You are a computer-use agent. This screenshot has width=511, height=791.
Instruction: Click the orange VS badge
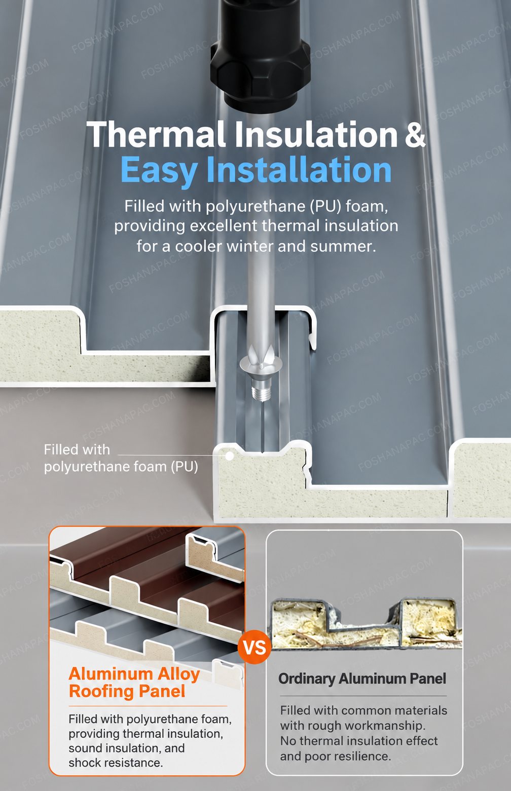point(254,647)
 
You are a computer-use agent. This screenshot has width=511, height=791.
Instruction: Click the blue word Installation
point(299,169)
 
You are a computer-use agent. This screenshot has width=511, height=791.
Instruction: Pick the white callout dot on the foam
point(229,456)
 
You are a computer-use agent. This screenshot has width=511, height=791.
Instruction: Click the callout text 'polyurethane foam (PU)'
point(121,467)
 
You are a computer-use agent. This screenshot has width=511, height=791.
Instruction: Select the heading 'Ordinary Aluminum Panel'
point(362,679)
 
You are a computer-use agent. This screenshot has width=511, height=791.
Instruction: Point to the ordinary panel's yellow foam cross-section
point(366,624)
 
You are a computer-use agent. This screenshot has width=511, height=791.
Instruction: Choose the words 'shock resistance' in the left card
point(116,763)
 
